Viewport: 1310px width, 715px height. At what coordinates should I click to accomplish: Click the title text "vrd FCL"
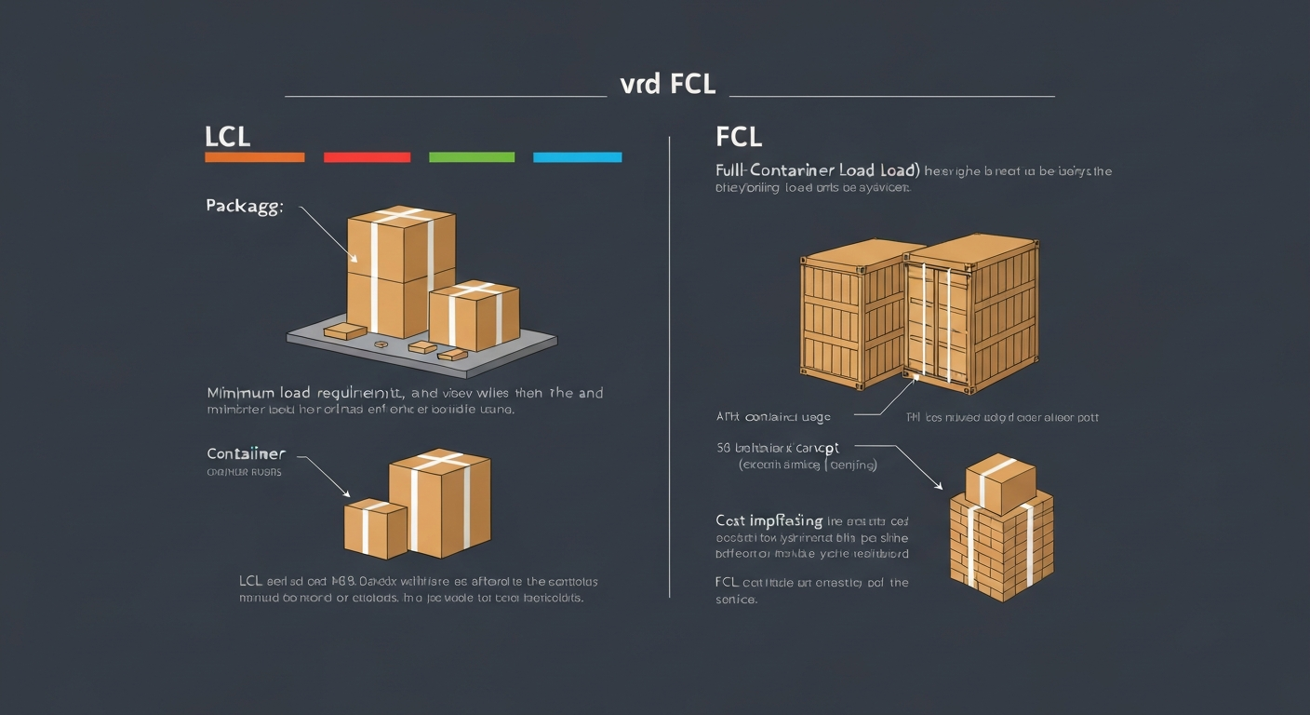[x=667, y=84]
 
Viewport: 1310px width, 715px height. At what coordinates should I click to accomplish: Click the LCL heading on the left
[x=227, y=137]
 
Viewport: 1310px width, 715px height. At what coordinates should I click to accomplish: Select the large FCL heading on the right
[x=739, y=137]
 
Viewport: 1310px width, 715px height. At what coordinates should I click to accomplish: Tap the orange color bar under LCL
[x=254, y=157]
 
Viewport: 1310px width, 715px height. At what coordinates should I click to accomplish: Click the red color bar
[x=367, y=157]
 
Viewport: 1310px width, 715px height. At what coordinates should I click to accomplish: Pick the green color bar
[x=472, y=157]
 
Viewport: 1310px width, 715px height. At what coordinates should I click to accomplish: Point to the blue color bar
[x=577, y=157]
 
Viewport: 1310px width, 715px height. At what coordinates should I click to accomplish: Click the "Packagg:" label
[x=244, y=206]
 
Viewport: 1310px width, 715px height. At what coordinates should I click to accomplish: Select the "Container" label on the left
[x=246, y=454]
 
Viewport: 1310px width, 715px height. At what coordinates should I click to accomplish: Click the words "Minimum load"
[x=246, y=393]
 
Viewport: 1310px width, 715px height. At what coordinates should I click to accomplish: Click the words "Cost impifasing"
[x=769, y=520]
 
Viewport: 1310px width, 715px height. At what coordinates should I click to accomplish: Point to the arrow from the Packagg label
[x=326, y=233]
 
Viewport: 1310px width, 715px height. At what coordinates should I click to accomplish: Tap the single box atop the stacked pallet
[x=999, y=482]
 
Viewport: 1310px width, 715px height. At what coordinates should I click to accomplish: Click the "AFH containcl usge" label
[x=773, y=417]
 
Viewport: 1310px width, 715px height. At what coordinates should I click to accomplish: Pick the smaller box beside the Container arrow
[x=375, y=528]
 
